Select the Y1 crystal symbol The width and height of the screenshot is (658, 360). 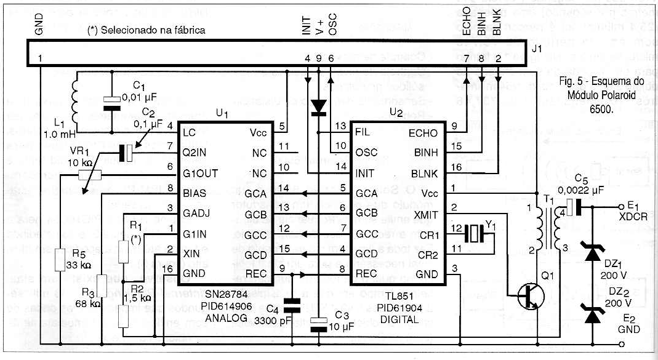tap(475, 234)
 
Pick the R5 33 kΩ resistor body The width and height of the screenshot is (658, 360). tap(60, 259)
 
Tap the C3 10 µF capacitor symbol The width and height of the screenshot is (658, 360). tap(318, 323)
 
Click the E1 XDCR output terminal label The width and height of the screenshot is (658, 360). tap(629, 211)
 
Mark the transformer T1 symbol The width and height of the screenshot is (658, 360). tap(548, 228)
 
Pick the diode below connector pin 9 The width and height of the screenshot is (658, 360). tap(318, 106)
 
